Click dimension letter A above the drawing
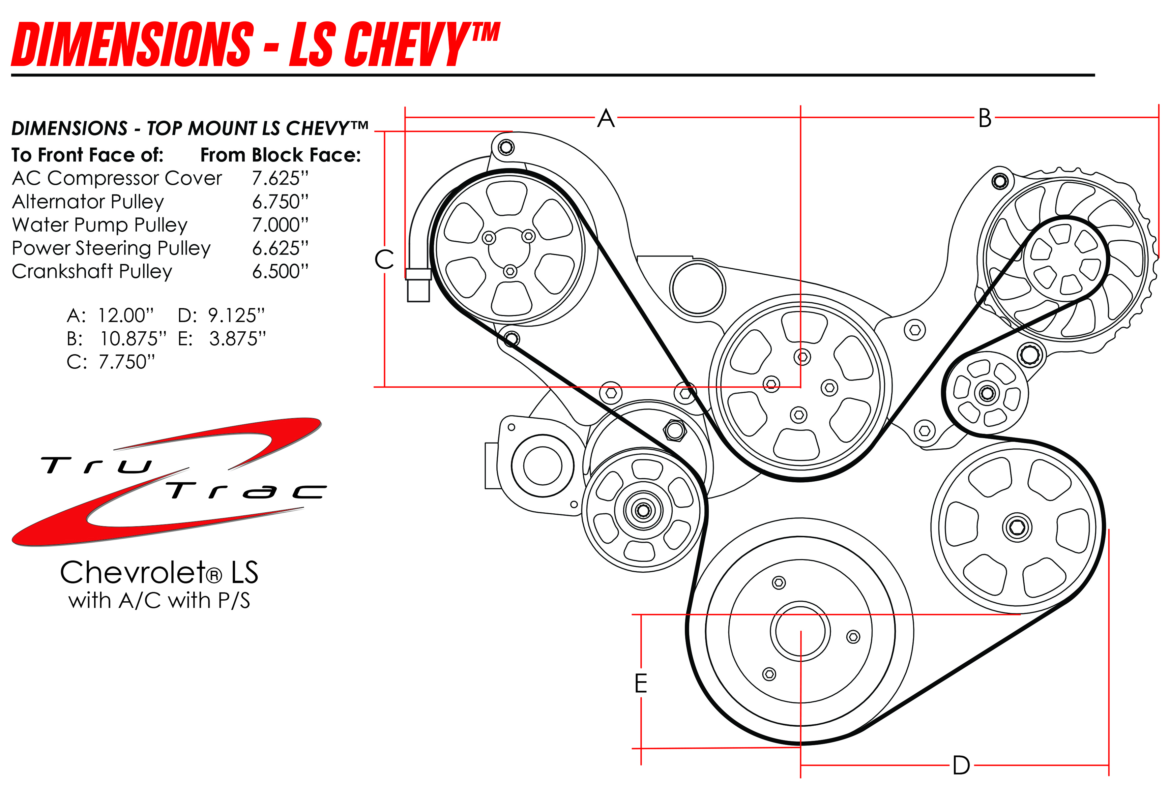click(x=606, y=119)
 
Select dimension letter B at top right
click(x=985, y=119)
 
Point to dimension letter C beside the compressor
click(x=384, y=259)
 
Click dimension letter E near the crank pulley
click(x=641, y=683)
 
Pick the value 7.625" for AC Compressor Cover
click(x=280, y=178)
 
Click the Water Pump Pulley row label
click(x=99, y=225)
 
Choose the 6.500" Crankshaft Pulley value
click(x=280, y=271)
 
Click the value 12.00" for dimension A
click(x=125, y=315)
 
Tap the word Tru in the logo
click(x=95, y=465)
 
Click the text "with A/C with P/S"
click(x=159, y=601)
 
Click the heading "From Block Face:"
click(x=281, y=155)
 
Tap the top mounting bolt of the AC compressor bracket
click(x=506, y=147)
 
